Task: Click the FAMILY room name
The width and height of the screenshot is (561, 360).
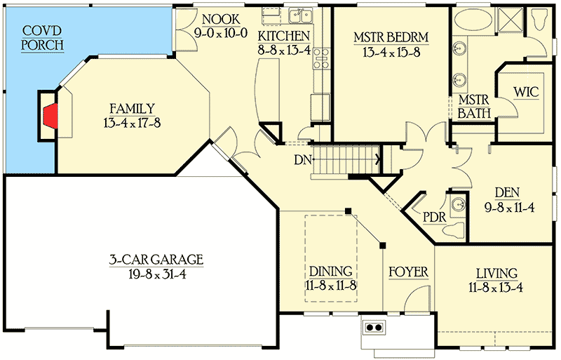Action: coord(132,108)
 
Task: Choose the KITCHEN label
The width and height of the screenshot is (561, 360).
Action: coord(284,36)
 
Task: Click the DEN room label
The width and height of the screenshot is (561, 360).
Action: coord(506,192)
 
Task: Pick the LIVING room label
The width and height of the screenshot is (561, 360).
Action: coord(496,273)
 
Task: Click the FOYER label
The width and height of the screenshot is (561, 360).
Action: coord(408,272)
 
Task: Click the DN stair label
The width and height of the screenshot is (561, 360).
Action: coord(302,161)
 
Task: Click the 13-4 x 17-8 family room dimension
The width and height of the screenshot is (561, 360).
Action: coord(132,123)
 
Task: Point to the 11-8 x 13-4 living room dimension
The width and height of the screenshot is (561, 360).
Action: coord(496,287)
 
